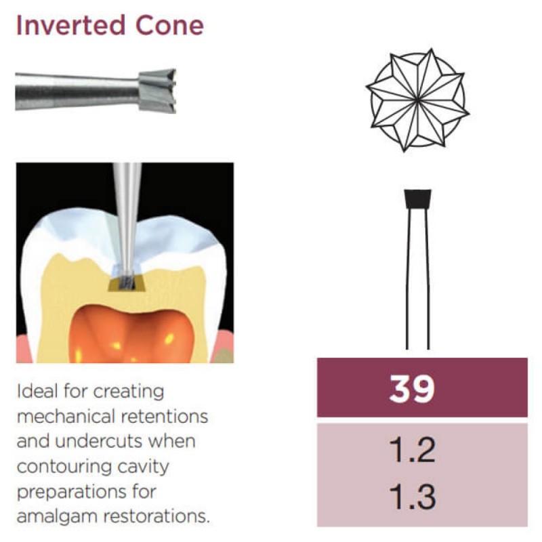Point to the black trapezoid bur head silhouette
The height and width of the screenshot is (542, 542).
[416, 199]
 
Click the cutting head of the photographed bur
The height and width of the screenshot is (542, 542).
[157, 89]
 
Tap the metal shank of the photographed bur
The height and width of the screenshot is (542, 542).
[75, 91]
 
